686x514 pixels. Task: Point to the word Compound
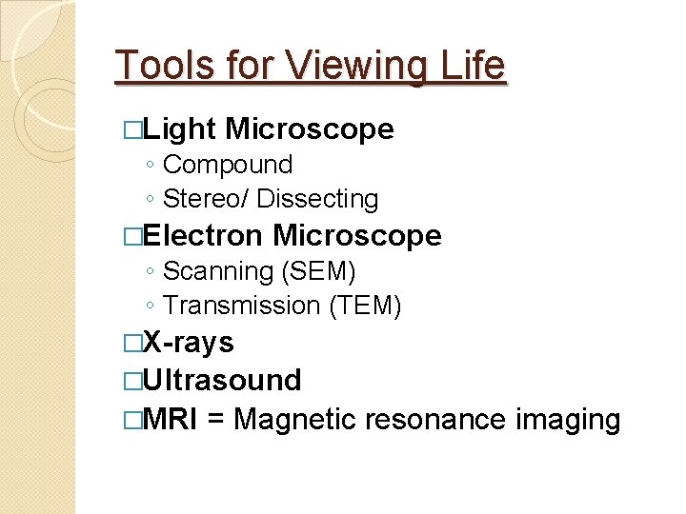228,165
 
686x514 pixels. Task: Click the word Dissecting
317,199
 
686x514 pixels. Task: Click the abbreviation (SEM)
318,271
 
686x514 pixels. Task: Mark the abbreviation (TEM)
365,306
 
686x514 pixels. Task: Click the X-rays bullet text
188,342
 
